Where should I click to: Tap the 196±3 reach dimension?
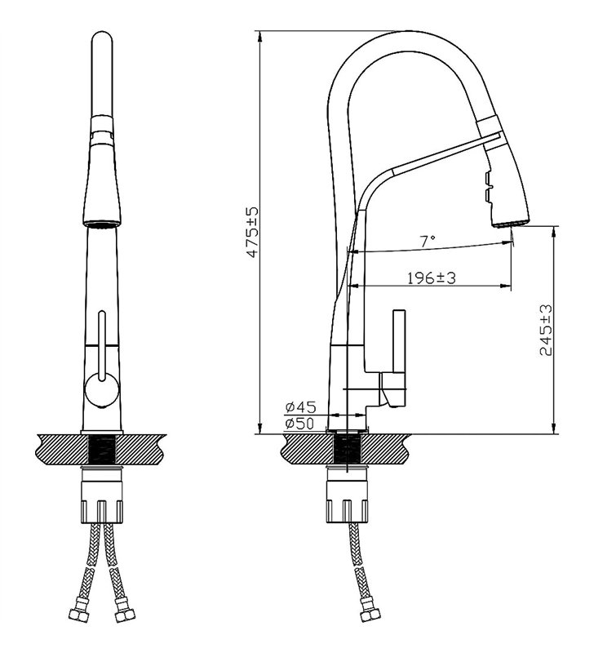coord(432,278)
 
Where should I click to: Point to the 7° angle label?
coord(427,241)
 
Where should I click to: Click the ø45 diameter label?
coord(300,406)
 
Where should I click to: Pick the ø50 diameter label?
coord(300,424)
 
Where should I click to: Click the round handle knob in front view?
coord(101,390)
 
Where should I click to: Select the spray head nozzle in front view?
coord(102,224)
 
